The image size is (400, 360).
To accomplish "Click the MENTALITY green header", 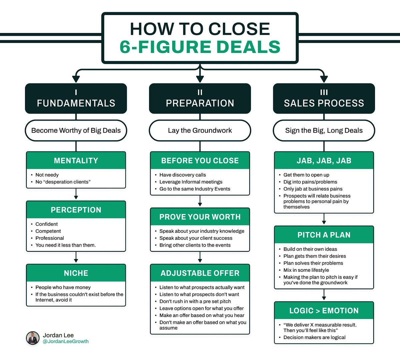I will click(x=76, y=161).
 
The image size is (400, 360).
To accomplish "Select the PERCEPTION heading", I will click(x=76, y=210).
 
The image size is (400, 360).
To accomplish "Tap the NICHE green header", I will click(x=76, y=273).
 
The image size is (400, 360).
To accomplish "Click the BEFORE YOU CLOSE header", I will click(x=200, y=161).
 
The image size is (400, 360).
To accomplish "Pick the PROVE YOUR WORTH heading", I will click(x=200, y=217).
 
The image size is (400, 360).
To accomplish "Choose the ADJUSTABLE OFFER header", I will click(x=200, y=273).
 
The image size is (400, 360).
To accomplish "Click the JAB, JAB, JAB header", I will click(x=324, y=161).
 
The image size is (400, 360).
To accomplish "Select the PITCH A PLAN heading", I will click(x=324, y=235).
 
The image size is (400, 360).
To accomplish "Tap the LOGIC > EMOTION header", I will click(x=324, y=311).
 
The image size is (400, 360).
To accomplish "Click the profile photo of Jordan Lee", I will click(x=33, y=338).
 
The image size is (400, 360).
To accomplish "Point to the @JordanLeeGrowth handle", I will click(x=66, y=341).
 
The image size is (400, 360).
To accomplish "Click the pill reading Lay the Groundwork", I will click(x=200, y=131).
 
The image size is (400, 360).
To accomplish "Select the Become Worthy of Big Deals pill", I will click(x=76, y=131).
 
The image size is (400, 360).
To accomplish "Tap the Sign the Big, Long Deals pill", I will click(x=324, y=131).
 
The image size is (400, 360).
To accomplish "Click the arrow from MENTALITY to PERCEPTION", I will click(x=76, y=194).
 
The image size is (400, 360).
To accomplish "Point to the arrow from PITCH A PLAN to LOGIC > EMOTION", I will click(x=324, y=295).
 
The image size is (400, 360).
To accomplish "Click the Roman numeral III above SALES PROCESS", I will click(x=324, y=92).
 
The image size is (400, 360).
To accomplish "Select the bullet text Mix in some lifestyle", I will click(x=306, y=270).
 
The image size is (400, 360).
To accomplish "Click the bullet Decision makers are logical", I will click(x=314, y=337).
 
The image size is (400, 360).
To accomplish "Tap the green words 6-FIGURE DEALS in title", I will click(x=200, y=47).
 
